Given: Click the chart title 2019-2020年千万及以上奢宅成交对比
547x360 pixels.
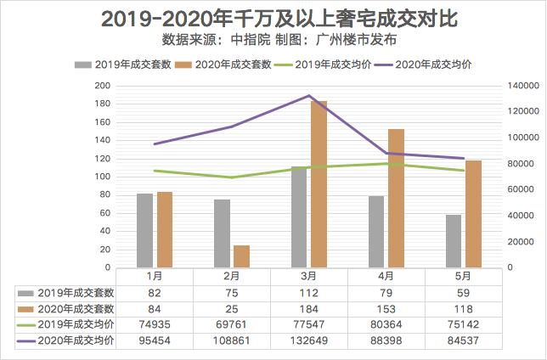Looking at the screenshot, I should [x=273, y=19].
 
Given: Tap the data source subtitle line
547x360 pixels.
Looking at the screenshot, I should [x=273, y=39].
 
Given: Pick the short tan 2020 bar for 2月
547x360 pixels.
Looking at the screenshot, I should [x=242, y=256].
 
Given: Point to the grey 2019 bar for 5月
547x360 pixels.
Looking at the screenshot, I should [x=454, y=241].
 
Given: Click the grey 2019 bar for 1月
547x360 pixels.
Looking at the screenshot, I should [x=145, y=230].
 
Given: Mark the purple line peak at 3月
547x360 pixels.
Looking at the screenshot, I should [x=309, y=96].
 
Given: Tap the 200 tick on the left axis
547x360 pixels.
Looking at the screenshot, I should [x=102, y=86].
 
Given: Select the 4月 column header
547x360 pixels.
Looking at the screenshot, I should [x=386, y=276].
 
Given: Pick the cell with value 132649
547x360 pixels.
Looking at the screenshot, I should [x=308, y=340].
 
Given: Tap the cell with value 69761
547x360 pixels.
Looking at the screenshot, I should [x=231, y=324].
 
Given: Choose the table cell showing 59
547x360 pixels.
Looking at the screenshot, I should [x=463, y=292].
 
